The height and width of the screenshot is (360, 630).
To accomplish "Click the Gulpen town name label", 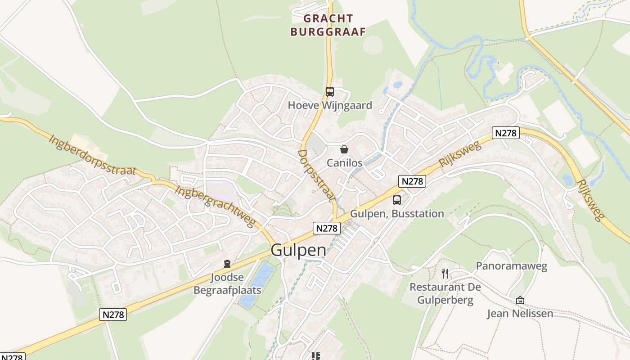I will [x=298, y=251].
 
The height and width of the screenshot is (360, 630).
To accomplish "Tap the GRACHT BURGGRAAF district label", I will [x=328, y=25].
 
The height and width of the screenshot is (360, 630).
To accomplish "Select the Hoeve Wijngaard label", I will [x=330, y=105].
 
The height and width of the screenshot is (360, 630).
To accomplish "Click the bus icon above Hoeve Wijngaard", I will [x=330, y=92].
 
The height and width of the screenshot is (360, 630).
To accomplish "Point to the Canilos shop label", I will [x=344, y=163].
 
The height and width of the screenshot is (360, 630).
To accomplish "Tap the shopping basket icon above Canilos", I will [x=344, y=149].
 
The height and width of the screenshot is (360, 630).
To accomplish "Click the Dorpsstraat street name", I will [x=317, y=175].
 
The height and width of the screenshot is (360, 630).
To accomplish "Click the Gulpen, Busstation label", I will [x=397, y=214].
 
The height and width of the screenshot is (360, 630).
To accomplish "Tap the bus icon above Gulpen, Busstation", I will [x=397, y=200].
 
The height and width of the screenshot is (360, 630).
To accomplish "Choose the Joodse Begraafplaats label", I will [x=227, y=284].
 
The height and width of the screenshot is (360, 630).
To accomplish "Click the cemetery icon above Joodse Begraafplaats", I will [x=227, y=264].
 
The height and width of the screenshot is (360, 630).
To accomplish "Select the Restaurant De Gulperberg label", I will [x=445, y=294].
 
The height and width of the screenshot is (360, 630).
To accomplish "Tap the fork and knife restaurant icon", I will [x=445, y=273].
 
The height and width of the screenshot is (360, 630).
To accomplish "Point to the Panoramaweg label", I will [x=512, y=266].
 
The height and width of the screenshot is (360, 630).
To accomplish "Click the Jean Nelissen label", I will [x=520, y=313].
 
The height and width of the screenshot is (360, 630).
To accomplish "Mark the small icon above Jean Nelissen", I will [x=520, y=300].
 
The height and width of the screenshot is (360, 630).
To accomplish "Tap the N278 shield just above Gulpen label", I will [x=327, y=228].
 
